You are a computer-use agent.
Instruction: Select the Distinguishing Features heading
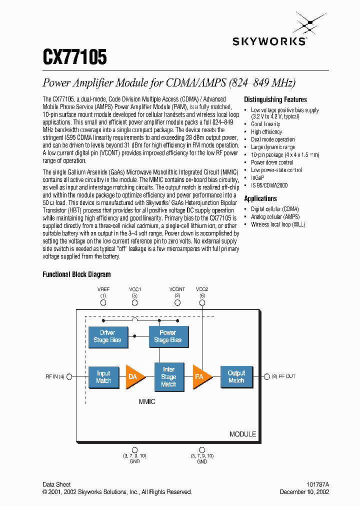(275, 99)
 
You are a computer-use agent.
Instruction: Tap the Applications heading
(260, 198)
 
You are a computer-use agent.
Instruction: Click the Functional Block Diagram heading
(76, 274)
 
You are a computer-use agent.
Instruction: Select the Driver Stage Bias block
(107, 336)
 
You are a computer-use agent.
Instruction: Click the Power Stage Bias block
(168, 336)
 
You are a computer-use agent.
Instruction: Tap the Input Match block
(103, 377)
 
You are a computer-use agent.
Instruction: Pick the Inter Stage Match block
(168, 377)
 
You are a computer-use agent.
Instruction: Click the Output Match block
(236, 377)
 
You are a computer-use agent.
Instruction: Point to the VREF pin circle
(103, 302)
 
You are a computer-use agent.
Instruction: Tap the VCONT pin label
(177, 289)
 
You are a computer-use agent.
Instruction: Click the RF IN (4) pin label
(54, 376)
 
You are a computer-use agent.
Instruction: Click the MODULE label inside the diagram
(242, 434)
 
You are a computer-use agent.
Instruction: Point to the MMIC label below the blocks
(147, 401)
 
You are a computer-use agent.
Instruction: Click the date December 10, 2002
(304, 492)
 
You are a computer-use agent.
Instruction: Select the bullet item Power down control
(272, 162)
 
